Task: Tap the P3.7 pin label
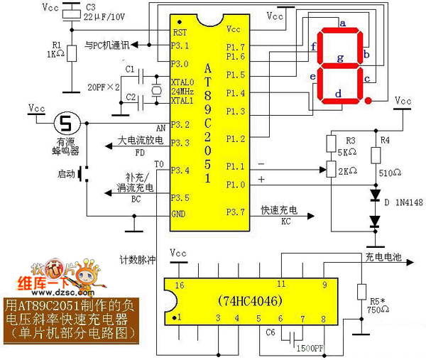click(236, 211)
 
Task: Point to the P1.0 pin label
click(236, 185)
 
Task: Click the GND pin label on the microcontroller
click(180, 214)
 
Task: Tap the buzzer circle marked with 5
click(66, 123)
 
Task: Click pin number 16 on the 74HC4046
click(179, 285)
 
